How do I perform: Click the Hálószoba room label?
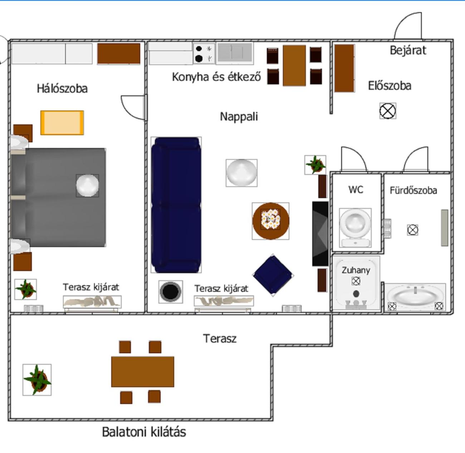(62, 88)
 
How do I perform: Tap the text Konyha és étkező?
(216, 77)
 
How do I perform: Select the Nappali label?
(239, 117)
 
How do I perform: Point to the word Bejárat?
(408, 50)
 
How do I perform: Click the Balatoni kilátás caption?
(144, 432)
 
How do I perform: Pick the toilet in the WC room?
(355, 228)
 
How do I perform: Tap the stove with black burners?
(204, 54)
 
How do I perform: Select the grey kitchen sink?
(235, 54)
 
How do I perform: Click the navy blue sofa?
(176, 205)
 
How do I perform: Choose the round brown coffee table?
(270, 221)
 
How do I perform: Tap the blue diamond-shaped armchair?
(273, 275)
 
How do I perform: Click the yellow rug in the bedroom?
(62, 123)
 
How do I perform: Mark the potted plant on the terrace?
(37, 380)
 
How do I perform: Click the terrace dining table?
(143, 372)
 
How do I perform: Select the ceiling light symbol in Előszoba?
(388, 111)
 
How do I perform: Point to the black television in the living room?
(320, 233)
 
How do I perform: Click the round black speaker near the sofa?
(170, 292)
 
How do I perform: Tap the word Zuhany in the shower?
(356, 270)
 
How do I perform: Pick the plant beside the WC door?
(315, 165)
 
